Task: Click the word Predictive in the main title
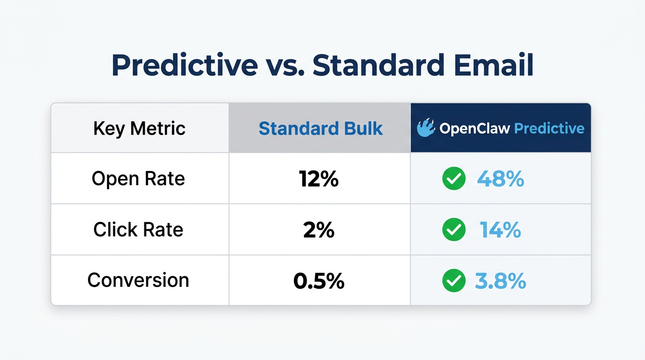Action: [184, 66]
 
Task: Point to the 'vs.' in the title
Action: [285, 66]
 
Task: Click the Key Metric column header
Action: [139, 128]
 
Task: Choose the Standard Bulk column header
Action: [321, 128]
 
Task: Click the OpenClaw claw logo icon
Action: [426, 128]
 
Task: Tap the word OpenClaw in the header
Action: [475, 128]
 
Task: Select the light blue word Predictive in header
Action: [549, 128]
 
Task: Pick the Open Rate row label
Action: [138, 179]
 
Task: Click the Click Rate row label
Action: [138, 230]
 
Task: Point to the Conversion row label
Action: [138, 280]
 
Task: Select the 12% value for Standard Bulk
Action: [319, 179]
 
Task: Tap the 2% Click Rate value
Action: [319, 230]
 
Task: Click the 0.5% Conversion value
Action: [319, 280]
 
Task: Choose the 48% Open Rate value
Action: [501, 179]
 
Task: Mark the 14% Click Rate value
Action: [501, 230]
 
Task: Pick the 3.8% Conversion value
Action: [501, 280]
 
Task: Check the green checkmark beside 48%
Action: [454, 179]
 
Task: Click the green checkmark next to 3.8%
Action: [454, 280]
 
